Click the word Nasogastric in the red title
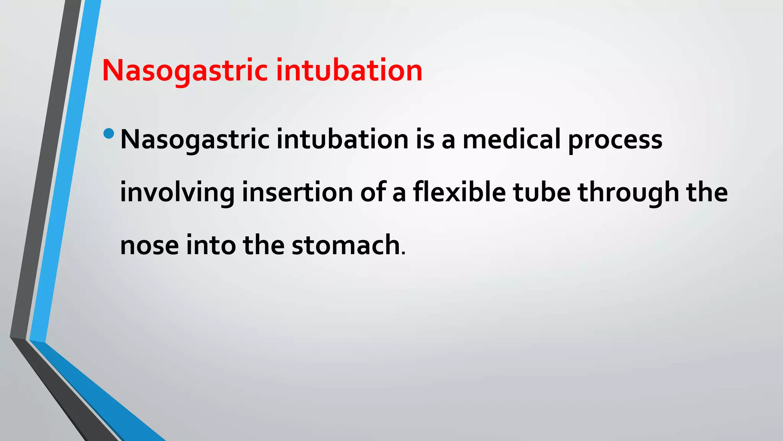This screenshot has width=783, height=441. point(185,71)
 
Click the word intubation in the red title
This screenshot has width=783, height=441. point(349,71)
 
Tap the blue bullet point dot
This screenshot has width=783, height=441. point(109,133)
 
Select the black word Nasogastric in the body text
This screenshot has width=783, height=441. point(195,140)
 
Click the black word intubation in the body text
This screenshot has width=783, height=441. point(343,140)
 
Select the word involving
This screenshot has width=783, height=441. point(177,193)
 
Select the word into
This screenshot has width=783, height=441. point(211,245)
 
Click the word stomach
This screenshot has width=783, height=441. point(346,245)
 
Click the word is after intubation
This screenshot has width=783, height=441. point(425,140)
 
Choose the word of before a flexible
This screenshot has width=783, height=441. point(373,193)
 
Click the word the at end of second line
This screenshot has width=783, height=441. point(707,193)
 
